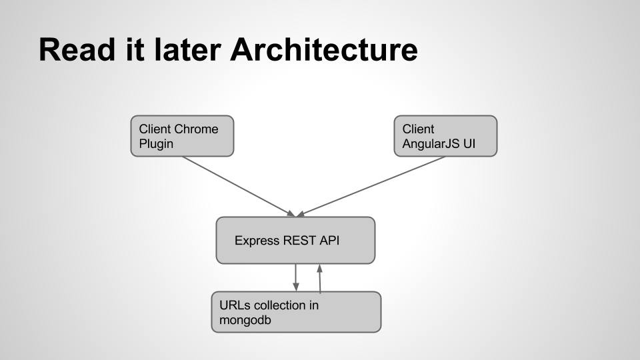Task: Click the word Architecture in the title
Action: pyautogui.click(x=324, y=50)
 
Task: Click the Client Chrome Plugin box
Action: pyautogui.click(x=182, y=136)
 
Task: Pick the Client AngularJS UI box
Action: pyautogui.click(x=445, y=136)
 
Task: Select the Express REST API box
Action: pyautogui.click(x=295, y=240)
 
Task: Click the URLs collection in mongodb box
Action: pyautogui.click(x=296, y=312)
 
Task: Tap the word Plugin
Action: pyautogui.click(x=155, y=143)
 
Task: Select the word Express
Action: pyautogui.click(x=256, y=241)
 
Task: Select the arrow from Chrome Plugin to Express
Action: pyautogui.click(x=237, y=186)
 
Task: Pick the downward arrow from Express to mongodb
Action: pyautogui.click(x=295, y=277)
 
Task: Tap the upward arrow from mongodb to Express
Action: pyautogui.click(x=320, y=279)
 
